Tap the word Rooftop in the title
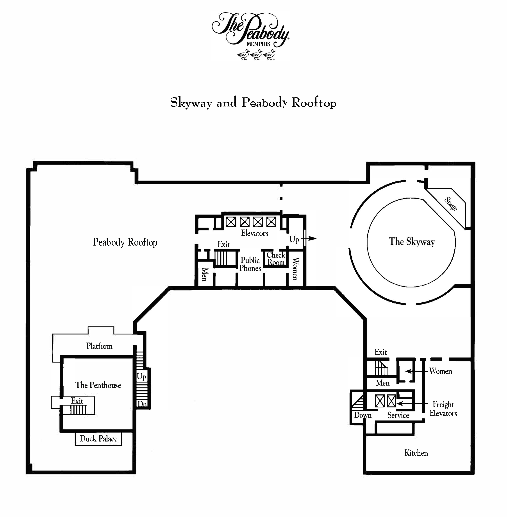pyautogui.click(x=314, y=103)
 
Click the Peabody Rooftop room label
pyautogui.click(x=125, y=242)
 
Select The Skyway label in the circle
pyautogui.click(x=412, y=241)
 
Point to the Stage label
pyautogui.click(x=451, y=204)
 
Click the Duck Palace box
pyautogui.click(x=98, y=439)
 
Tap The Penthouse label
pyautogui.click(x=98, y=385)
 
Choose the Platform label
pyautogui.click(x=99, y=346)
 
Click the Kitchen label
pyautogui.click(x=416, y=453)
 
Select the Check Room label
pyautogui.click(x=276, y=258)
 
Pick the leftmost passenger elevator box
pyautogui.click(x=231, y=222)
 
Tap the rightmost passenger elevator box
pyautogui.click(x=271, y=222)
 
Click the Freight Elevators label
pyautogui.click(x=443, y=409)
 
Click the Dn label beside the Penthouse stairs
pyautogui.click(x=142, y=404)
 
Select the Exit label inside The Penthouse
pyautogui.click(x=77, y=401)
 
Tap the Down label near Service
pyautogui.click(x=363, y=415)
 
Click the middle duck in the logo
pyautogui.click(x=256, y=55)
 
